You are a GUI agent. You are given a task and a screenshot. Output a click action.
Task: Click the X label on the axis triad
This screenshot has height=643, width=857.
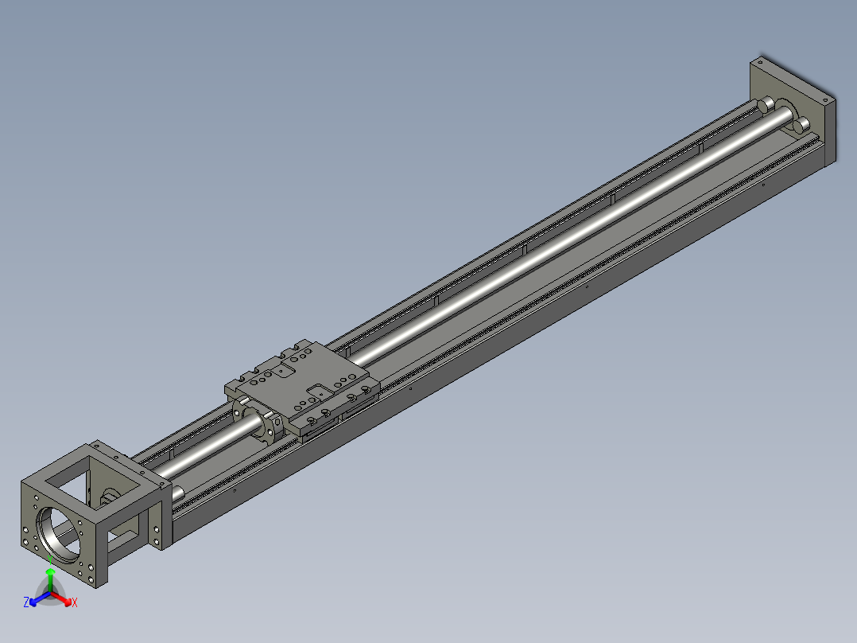75,603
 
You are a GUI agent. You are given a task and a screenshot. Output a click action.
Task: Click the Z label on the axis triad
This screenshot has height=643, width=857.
26,602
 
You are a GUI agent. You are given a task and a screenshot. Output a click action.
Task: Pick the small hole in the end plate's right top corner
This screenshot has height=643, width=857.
826,101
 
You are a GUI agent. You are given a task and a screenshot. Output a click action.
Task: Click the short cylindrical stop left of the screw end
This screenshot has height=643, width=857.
766,105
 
